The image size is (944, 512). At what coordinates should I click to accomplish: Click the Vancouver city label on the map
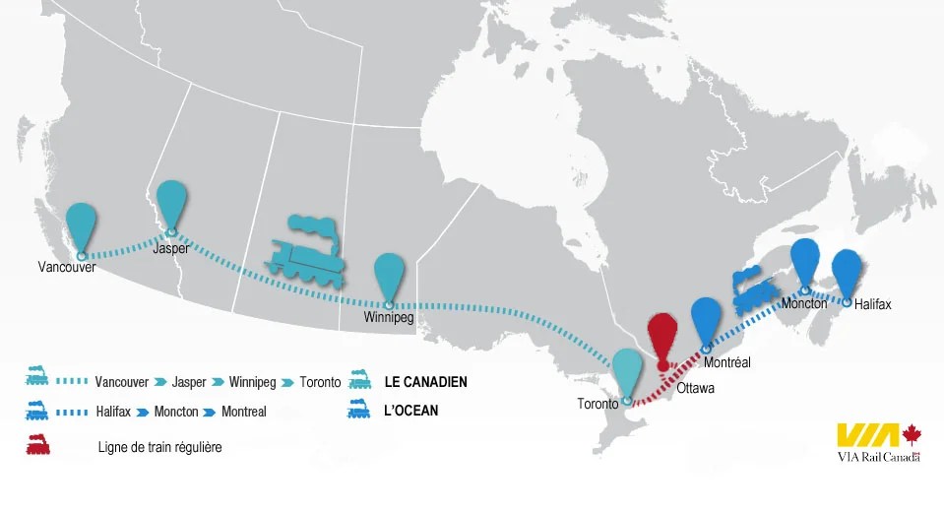point(67,267)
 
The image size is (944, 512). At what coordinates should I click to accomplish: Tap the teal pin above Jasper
point(172,203)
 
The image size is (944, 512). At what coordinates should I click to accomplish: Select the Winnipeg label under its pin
point(388,319)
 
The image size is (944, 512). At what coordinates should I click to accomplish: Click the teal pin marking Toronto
point(627,371)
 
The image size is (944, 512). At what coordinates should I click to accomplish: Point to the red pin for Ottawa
point(663,338)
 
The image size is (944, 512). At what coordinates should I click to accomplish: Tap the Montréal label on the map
point(727,362)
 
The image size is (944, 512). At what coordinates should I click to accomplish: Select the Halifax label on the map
point(872,304)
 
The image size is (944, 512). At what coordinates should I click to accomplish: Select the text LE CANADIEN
point(426,381)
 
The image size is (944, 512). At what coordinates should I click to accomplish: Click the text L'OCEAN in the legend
point(411,410)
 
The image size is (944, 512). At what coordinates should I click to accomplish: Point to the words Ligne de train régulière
point(160,447)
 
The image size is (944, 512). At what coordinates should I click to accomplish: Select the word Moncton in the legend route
point(177,412)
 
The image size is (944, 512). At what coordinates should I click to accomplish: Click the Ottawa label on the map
point(695,388)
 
